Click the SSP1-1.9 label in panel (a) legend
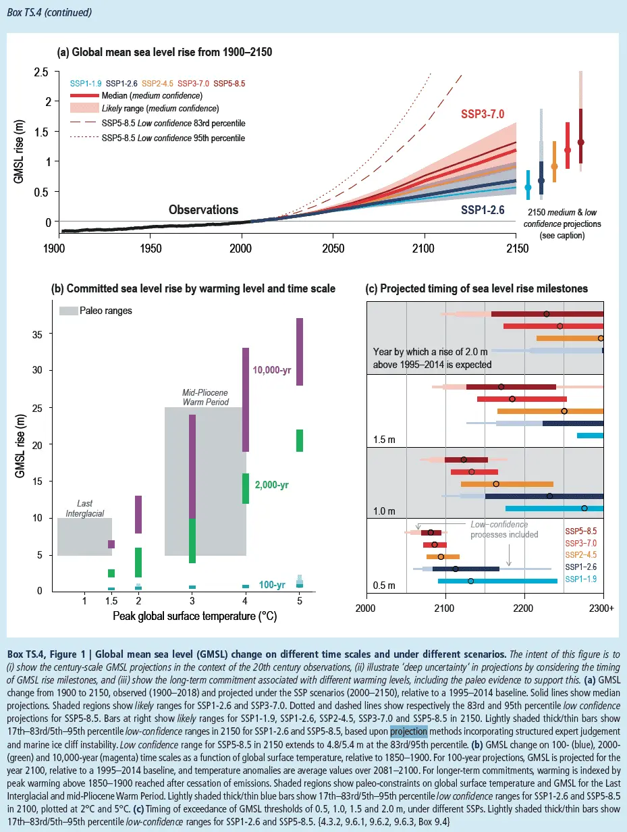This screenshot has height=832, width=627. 85,84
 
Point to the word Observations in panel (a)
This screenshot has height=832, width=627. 203,210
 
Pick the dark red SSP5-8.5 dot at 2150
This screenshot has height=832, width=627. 581,142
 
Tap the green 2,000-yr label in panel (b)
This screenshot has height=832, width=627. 272,484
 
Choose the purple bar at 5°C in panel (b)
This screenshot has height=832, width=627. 299,351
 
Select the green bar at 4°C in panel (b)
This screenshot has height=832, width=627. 246,488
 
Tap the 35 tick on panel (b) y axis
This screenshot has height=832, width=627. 38,334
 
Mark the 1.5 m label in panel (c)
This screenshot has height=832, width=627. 384,440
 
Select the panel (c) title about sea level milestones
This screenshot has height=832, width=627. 476,288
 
